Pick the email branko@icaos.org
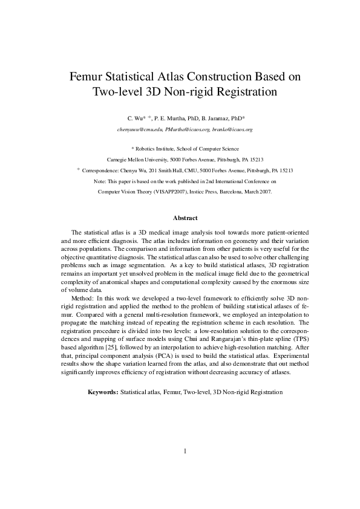pos(233,129)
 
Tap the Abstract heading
pos(185,218)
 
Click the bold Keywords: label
pos(103,392)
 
